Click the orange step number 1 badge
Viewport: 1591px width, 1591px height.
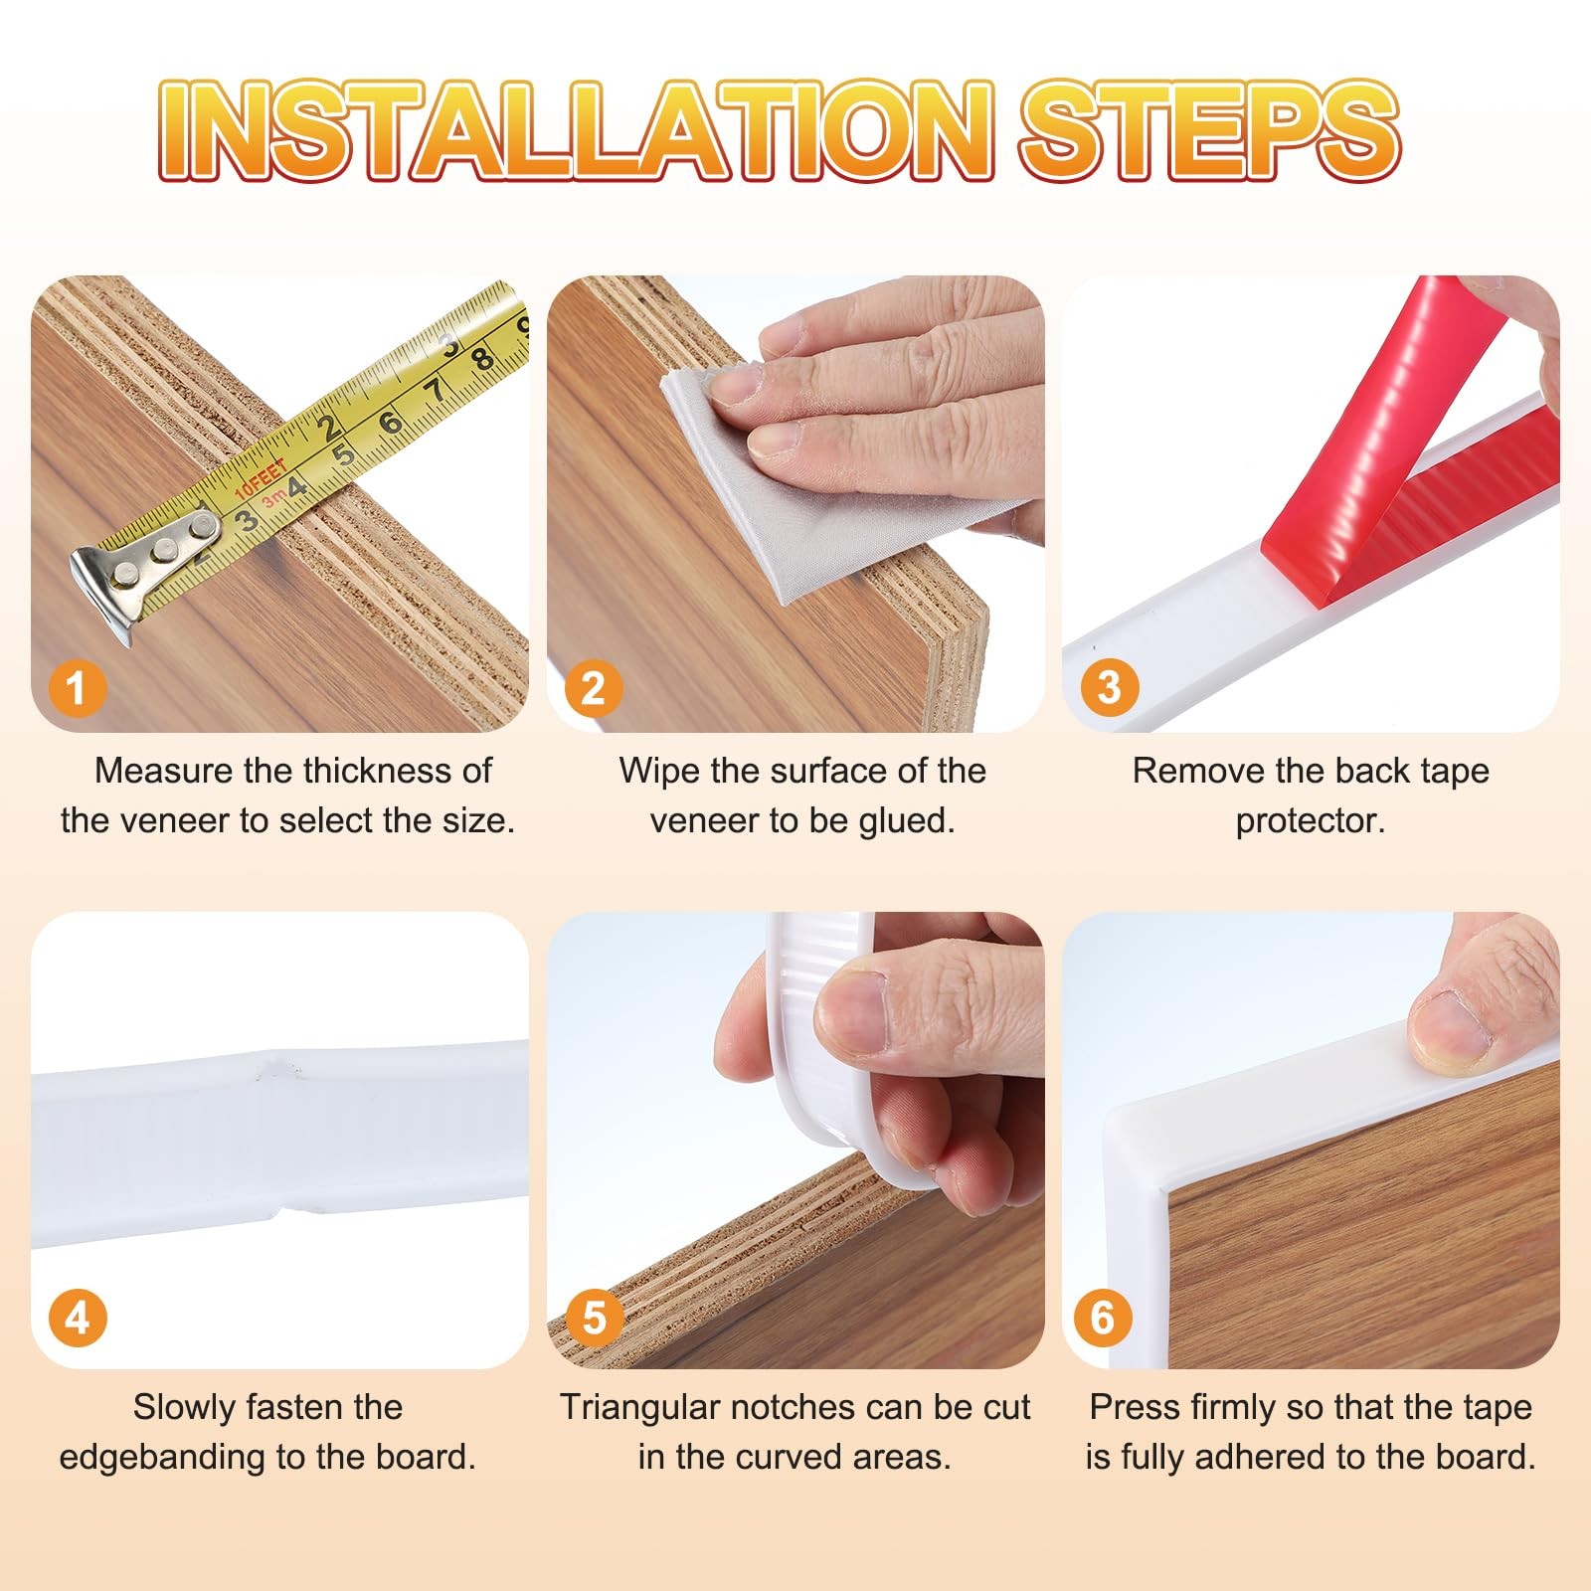[77, 687]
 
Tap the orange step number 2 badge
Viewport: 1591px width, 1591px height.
[593, 687]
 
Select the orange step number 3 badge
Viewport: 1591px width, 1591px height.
[1109, 687]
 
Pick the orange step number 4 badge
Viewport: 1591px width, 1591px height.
[77, 1319]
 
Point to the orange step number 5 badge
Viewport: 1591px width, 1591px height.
[594, 1319]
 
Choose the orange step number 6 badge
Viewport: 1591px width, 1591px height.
[1103, 1319]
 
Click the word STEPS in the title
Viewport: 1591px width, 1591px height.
[1210, 131]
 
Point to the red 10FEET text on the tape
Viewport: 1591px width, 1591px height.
[261, 478]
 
